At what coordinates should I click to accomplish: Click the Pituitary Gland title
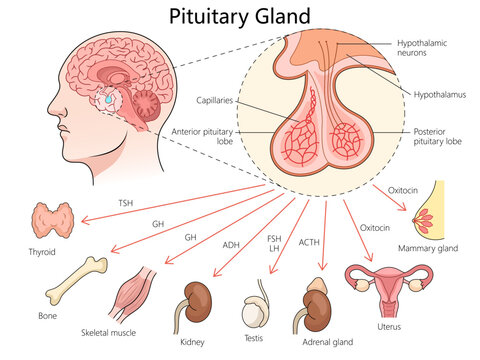pos(240,16)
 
